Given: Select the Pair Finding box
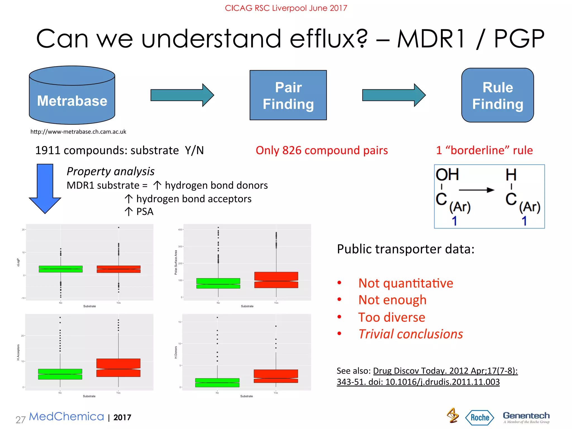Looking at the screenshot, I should pos(288,95).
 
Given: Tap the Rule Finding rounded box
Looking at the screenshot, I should pos(497,95).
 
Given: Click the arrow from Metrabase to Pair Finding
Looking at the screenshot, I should pos(182,95).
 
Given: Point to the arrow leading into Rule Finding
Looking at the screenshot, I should pos(394,95).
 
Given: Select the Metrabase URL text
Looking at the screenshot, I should pos(78,132).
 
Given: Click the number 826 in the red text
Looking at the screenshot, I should pos(292,150).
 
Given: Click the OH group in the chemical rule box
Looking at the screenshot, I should pos(447,175).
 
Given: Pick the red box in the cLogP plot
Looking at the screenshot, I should pos(118,269).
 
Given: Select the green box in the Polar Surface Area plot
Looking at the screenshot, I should pos(218,283).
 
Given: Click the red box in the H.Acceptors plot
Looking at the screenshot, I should pos(118,368).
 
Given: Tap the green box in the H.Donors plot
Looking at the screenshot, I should pos(217,383).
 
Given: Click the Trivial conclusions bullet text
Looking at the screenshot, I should pos(411,334).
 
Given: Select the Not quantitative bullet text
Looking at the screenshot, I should pos(406,283).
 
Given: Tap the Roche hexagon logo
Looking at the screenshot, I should pos(480,418).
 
